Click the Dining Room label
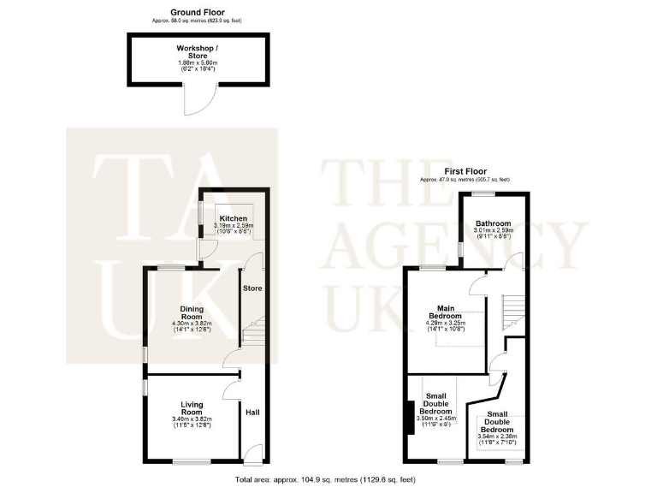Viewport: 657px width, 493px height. point(191,314)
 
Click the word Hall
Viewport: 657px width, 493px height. point(252,413)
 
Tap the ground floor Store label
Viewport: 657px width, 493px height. point(252,288)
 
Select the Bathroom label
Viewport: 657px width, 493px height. point(494,224)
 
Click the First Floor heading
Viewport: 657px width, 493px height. point(465,171)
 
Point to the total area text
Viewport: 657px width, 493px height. point(328,479)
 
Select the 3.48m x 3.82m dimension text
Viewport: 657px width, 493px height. point(191,419)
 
